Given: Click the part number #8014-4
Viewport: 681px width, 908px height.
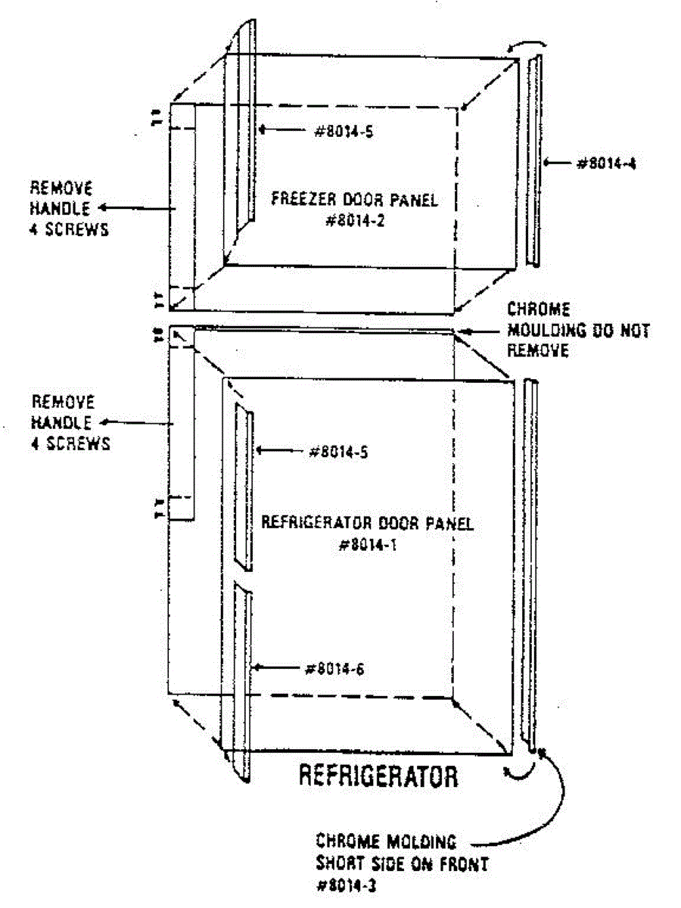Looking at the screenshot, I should pos(602,162).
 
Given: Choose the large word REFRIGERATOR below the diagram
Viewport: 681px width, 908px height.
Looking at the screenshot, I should pos(378,776).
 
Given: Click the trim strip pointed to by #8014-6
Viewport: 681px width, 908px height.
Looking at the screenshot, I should pos(241,681).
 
